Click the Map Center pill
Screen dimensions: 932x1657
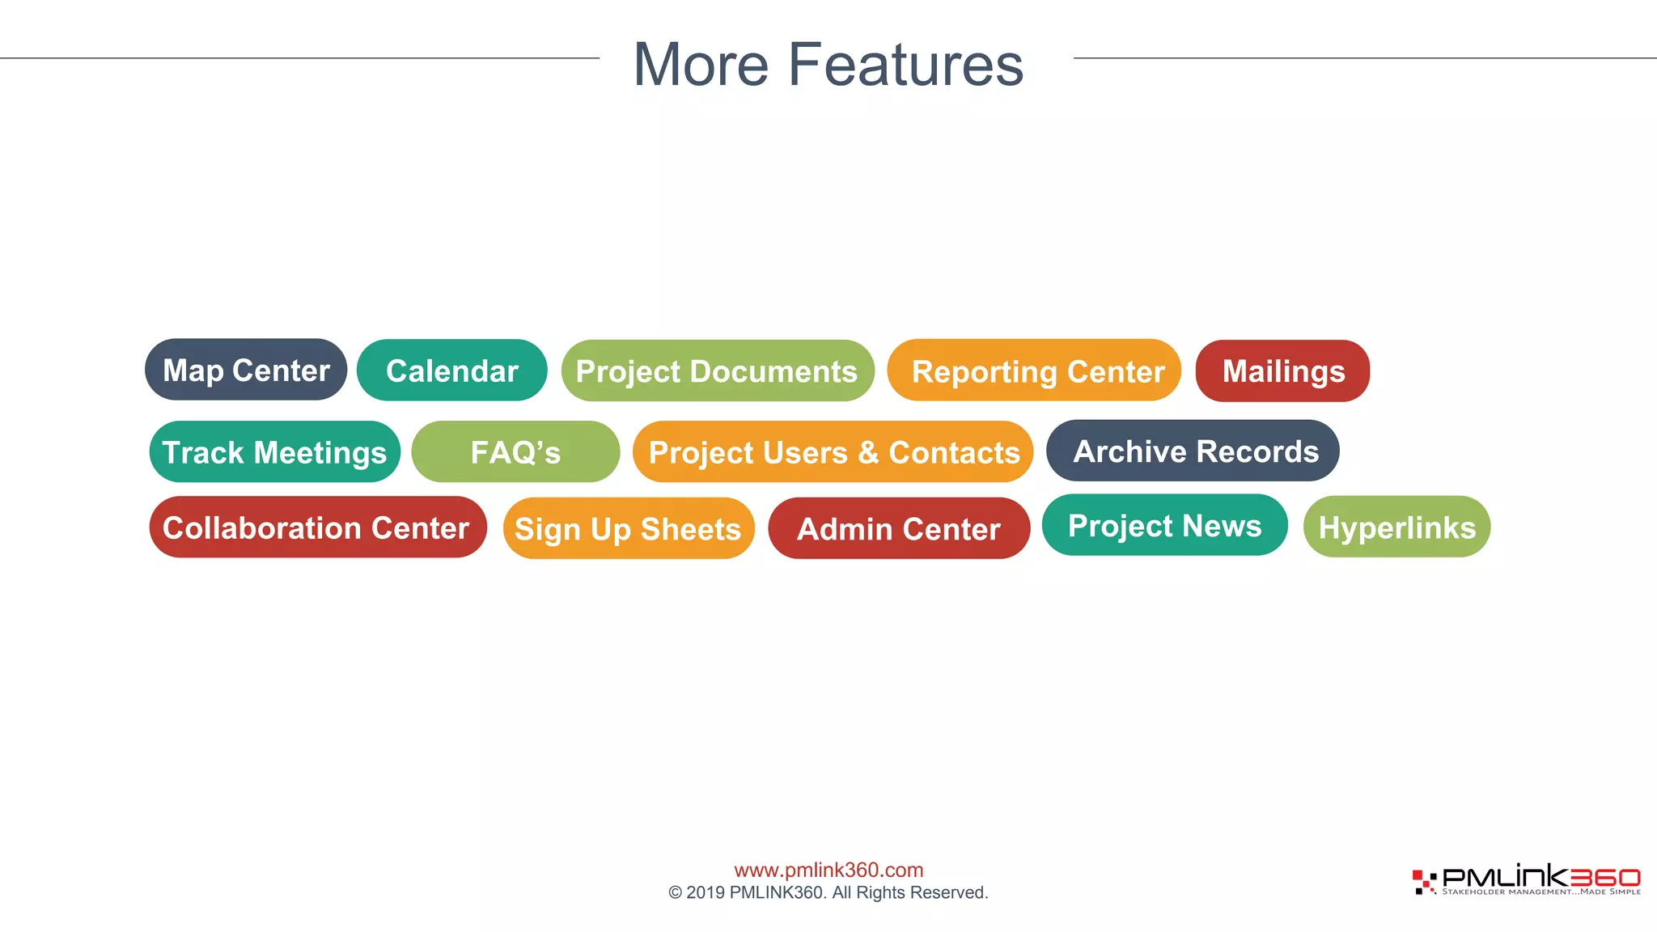click(246, 370)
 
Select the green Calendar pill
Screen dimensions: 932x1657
click(451, 371)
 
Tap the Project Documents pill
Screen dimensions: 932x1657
click(717, 371)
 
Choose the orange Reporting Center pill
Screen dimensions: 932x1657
click(1034, 371)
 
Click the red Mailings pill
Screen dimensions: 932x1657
click(1282, 371)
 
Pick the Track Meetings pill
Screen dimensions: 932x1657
click(274, 451)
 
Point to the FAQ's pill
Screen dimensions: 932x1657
click(515, 451)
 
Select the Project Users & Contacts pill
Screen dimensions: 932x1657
click(833, 451)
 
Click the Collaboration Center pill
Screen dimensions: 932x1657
click(317, 527)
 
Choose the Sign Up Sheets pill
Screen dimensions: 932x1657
click(629, 528)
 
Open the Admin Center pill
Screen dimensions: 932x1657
click(899, 528)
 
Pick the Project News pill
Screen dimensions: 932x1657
click(1164, 525)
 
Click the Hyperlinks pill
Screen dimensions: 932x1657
click(1396, 527)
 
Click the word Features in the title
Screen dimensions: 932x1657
click(905, 65)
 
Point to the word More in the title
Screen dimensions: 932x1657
click(701, 65)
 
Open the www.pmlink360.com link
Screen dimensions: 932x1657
click(828, 870)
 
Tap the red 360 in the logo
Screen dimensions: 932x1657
click(1604, 877)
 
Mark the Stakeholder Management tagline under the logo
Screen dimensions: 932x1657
click(1540, 892)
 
